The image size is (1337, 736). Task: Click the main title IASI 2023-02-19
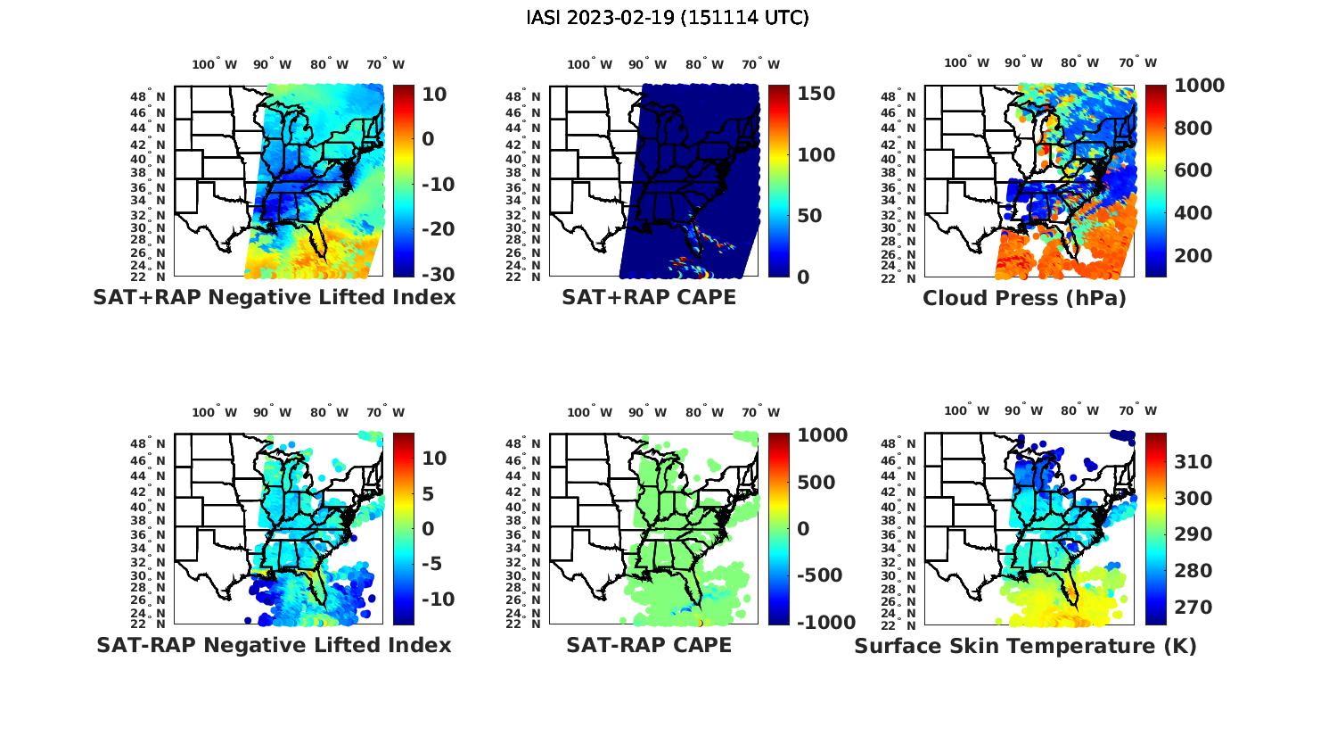(x=668, y=18)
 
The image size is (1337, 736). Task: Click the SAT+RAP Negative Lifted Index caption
(x=274, y=298)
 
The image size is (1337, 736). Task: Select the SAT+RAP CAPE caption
(x=649, y=298)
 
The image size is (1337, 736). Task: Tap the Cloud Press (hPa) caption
(x=1024, y=298)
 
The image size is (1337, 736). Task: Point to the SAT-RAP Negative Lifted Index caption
(x=274, y=645)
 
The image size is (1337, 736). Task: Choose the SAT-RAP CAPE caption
(x=649, y=645)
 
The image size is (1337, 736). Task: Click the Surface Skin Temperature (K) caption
(x=1025, y=646)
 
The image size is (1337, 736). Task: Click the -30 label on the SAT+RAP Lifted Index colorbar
(x=436, y=275)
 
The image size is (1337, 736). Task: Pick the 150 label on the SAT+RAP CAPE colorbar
(x=815, y=94)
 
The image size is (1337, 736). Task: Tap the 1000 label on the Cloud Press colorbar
(x=1199, y=86)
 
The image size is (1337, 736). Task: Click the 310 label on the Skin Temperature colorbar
(x=1193, y=461)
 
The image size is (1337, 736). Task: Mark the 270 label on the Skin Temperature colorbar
(x=1193, y=608)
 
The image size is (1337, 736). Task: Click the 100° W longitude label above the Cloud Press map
(x=966, y=63)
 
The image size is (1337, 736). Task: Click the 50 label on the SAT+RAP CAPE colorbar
(x=808, y=216)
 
